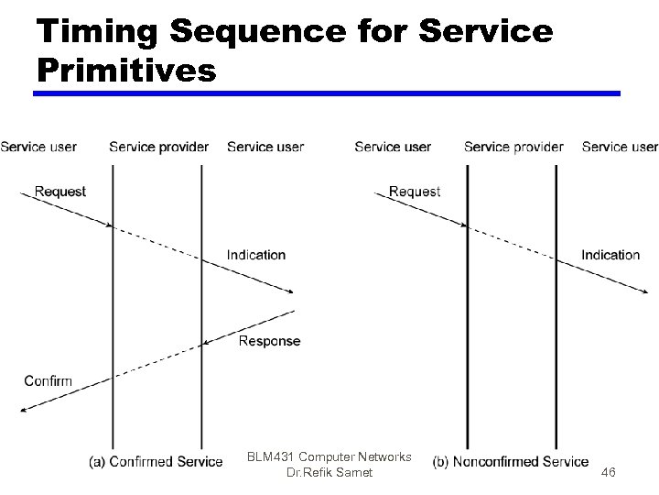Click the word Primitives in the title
click(x=127, y=70)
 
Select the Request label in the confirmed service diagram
click(x=60, y=192)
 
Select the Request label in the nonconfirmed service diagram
click(x=415, y=192)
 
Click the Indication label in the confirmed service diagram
click(x=256, y=255)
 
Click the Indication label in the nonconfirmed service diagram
click(x=610, y=255)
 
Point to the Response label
click(x=269, y=341)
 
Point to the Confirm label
click(x=48, y=380)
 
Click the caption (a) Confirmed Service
click(x=156, y=461)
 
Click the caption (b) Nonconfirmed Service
click(x=511, y=461)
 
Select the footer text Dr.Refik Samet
click(x=329, y=473)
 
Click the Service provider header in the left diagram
click(x=158, y=147)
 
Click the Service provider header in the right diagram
click(x=513, y=147)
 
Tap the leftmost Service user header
click(x=38, y=147)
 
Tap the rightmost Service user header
click(x=620, y=147)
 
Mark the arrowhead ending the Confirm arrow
click(x=23, y=411)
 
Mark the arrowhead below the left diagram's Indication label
click(x=291, y=291)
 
